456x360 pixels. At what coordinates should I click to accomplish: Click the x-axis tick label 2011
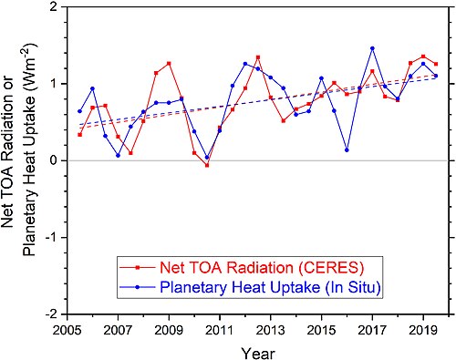[220, 330]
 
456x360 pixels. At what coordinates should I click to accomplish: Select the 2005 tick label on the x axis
[67, 330]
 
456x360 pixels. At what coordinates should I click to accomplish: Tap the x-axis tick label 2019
[423, 330]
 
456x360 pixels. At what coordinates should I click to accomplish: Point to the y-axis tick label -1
[54, 237]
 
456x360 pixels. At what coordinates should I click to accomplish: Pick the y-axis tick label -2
[54, 314]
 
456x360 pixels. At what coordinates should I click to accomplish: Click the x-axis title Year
[258, 354]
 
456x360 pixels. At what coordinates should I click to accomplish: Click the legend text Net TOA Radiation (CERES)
[262, 268]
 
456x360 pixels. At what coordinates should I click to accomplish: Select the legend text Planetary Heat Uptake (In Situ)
[270, 287]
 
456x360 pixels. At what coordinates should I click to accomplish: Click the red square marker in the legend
[138, 268]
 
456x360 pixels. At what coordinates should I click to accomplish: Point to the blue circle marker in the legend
[138, 287]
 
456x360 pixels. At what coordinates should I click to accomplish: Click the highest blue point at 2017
[372, 48]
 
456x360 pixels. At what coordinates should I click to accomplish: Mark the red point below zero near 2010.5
[207, 166]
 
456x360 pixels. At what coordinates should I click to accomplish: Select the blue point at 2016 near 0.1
[347, 150]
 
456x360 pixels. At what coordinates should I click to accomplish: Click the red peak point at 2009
[169, 64]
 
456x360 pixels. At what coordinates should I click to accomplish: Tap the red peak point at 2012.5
[258, 57]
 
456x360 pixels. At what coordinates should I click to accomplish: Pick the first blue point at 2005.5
[80, 111]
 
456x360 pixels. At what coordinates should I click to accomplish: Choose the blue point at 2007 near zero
[118, 156]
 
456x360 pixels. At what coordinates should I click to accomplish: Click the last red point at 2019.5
[436, 64]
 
